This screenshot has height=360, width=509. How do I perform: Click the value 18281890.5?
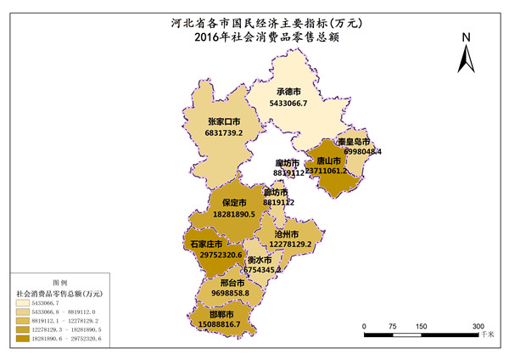pyautogui.click(x=234, y=215)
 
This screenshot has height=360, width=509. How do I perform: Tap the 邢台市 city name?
pyautogui.click(x=233, y=283)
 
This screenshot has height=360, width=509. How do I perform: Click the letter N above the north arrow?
pyautogui.click(x=466, y=37)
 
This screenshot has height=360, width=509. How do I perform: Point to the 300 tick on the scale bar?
pyautogui.click(x=478, y=326)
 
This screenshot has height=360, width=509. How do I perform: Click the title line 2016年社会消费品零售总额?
pyautogui.click(x=255, y=37)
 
